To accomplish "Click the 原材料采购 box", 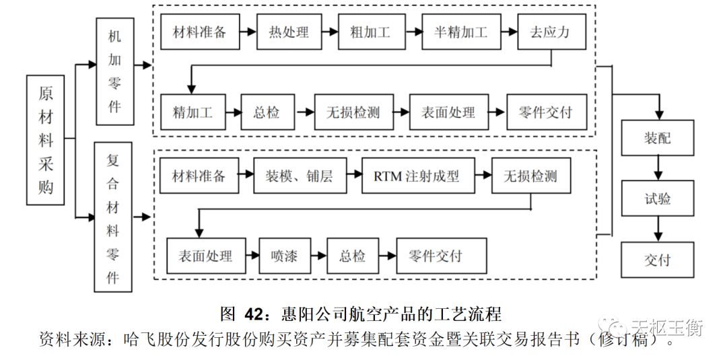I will click(46, 139).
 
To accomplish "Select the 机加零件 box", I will click(115, 71).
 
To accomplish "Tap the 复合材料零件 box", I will click(113, 216).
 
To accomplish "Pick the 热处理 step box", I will click(288, 32).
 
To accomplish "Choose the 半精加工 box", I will click(461, 32).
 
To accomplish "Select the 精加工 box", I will click(193, 112).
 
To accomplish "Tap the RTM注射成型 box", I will click(417, 177).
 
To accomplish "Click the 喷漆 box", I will click(279, 256).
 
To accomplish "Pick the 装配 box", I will click(657, 138).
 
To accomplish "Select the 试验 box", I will click(657, 199).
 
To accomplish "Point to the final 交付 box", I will click(657, 260).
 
